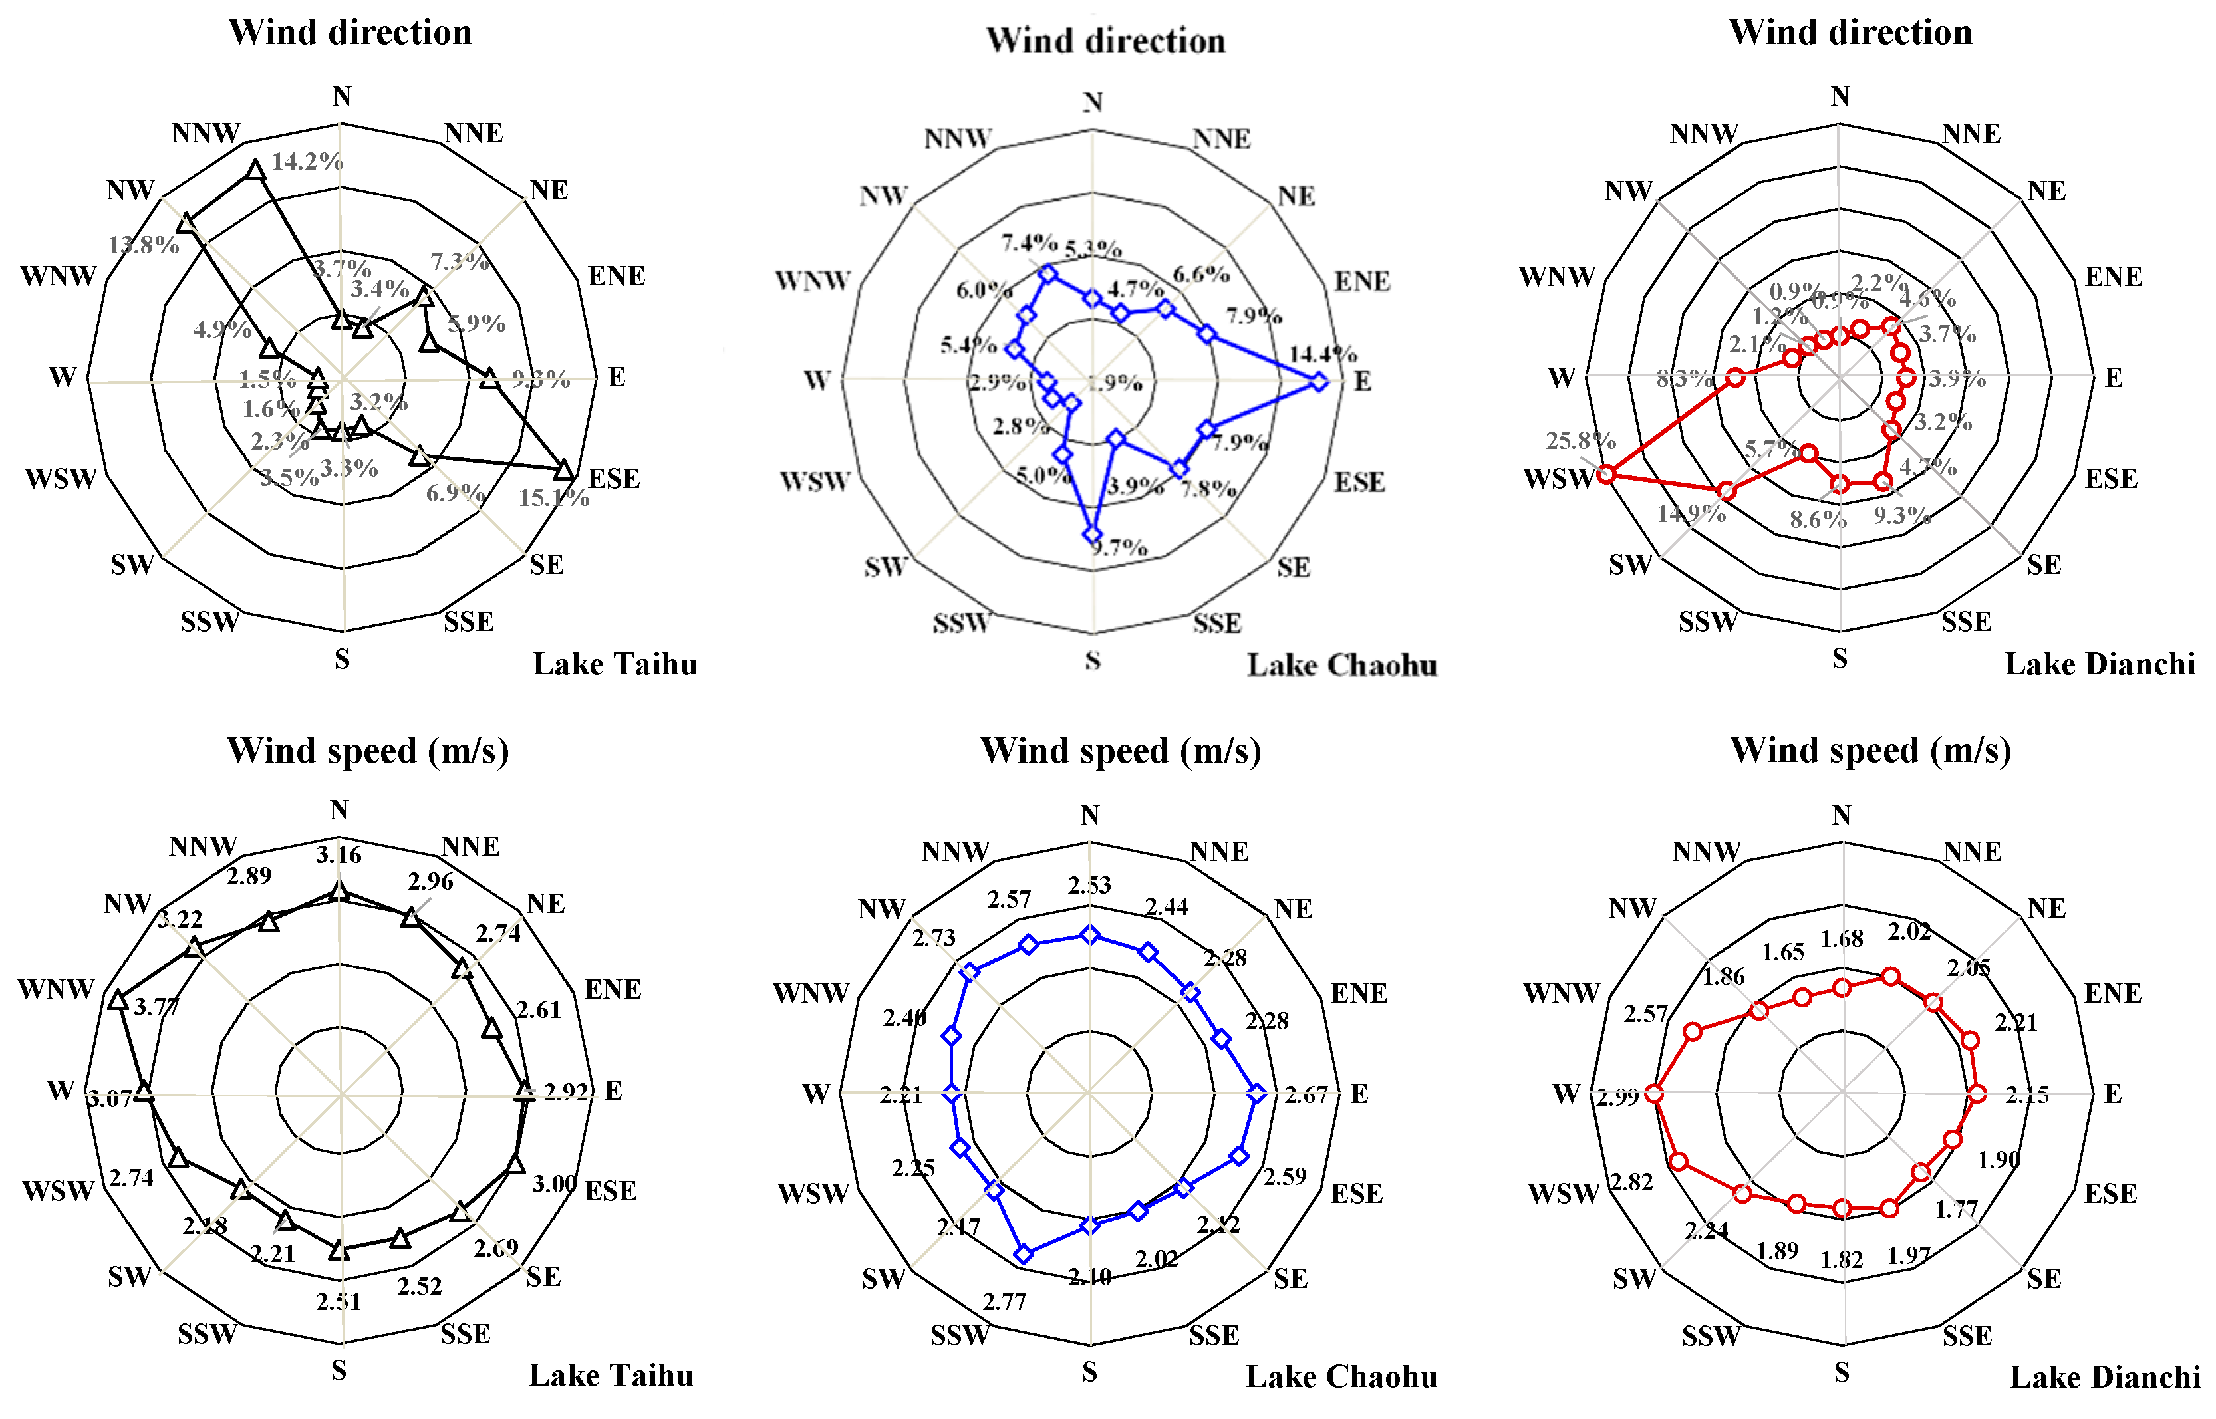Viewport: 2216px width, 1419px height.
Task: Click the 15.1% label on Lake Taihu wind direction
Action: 553,499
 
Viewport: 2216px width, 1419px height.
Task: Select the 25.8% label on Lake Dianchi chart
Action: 1580,440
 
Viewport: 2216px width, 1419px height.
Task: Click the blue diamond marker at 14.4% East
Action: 1319,382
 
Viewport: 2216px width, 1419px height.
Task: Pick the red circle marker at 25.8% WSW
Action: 1606,475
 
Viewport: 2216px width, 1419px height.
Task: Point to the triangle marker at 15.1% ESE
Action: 564,470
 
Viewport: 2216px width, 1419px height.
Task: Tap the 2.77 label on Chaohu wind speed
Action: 1004,1302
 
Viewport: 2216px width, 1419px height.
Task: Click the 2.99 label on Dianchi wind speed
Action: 1618,1097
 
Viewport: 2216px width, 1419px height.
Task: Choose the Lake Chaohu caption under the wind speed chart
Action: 1341,1376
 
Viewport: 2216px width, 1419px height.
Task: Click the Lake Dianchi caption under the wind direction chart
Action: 2099,664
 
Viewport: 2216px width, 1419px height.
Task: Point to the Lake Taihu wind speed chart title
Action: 368,751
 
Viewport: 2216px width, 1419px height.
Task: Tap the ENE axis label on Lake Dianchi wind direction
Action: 2113,277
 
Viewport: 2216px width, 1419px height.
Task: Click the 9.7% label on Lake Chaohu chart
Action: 1119,548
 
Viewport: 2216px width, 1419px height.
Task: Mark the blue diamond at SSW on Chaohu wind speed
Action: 1023,1253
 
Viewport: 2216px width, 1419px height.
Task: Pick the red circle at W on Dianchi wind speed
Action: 1654,1094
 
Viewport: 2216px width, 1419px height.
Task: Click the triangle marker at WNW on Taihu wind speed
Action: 117,1001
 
